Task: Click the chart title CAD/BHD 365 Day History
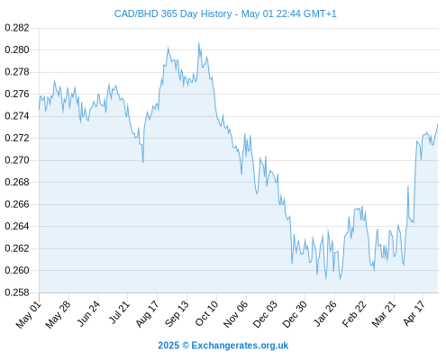[x=173, y=13]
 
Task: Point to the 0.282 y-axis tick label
[x=17, y=28]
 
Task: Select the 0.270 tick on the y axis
[x=17, y=160]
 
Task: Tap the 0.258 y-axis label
[x=17, y=292]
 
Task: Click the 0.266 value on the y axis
[x=17, y=204]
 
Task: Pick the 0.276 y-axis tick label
[x=17, y=94]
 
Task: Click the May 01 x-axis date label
[x=29, y=315]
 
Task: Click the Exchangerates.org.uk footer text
[x=240, y=346]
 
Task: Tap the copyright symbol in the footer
[x=186, y=346]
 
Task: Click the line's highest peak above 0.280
[x=198, y=43]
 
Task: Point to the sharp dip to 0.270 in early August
[x=143, y=162]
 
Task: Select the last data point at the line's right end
[x=438, y=124]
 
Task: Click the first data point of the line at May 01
[x=39, y=109]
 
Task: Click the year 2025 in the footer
[x=168, y=346]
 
